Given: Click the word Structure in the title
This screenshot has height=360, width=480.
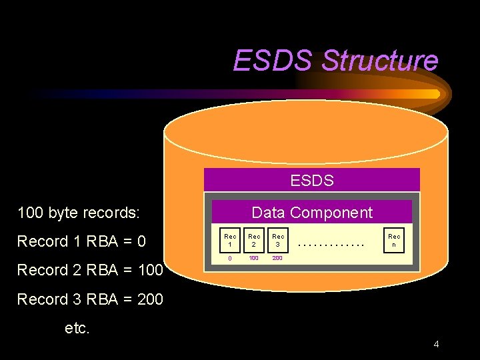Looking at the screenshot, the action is click(380, 61).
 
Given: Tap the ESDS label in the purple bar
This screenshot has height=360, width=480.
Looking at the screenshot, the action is click(312, 180).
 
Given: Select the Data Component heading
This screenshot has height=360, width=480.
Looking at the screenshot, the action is click(312, 213).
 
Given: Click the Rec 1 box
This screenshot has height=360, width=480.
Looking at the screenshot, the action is click(231, 241).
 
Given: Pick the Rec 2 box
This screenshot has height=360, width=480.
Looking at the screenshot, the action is click(255, 241).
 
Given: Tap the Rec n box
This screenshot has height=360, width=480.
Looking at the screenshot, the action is click(395, 241).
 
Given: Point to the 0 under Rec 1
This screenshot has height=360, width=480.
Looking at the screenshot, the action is click(230, 258).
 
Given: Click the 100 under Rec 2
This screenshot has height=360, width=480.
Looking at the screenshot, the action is click(254, 258).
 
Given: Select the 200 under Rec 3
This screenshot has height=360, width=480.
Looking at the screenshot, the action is click(277, 258).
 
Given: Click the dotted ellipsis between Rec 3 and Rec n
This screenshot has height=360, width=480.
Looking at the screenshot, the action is click(332, 245).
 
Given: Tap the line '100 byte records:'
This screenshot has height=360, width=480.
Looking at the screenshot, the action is click(79, 213).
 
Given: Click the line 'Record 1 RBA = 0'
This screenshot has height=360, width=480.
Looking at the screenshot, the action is click(81, 241).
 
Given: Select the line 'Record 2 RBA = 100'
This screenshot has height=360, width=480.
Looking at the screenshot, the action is click(90, 270).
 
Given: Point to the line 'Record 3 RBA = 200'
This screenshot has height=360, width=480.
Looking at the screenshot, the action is click(90, 299).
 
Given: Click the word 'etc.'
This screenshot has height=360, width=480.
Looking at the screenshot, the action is click(77, 328).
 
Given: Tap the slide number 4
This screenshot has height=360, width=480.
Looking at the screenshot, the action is click(436, 345).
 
